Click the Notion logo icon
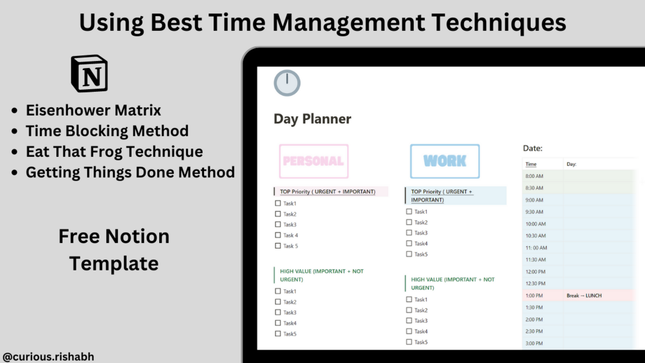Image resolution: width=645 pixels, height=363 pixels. [x=89, y=74]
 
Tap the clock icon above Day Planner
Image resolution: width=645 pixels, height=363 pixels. [x=287, y=83]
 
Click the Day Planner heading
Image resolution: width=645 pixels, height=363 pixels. [x=312, y=119]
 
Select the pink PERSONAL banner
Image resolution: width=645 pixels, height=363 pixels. [x=314, y=161]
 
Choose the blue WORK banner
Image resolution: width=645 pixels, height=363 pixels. [x=445, y=161]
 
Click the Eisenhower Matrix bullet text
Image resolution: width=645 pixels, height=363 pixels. [x=93, y=111]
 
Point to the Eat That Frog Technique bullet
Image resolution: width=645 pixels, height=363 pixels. [x=114, y=152]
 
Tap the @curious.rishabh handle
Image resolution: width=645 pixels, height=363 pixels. [x=48, y=357]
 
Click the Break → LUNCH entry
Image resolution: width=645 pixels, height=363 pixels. [x=584, y=296]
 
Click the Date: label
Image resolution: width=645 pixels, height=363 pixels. [x=533, y=148]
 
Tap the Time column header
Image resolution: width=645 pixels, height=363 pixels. [x=531, y=164]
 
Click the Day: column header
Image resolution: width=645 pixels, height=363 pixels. [x=571, y=164]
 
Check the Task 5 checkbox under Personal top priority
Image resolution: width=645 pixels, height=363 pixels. [x=278, y=245]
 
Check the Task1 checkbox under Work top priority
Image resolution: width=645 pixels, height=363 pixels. [x=409, y=211]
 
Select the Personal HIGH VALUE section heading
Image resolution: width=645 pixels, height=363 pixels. [x=322, y=276]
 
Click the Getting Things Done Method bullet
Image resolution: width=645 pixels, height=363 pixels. [x=130, y=172]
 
